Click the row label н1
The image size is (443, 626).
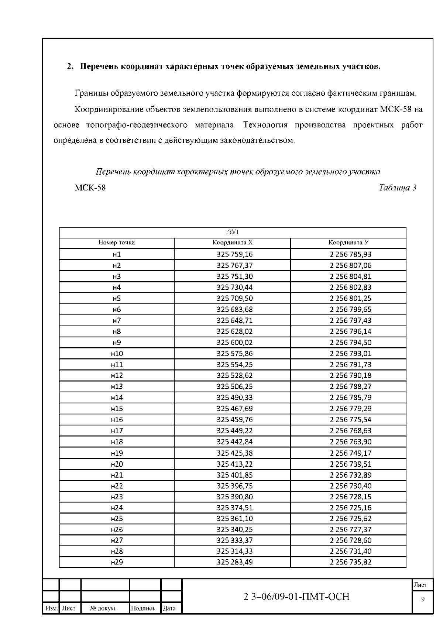pyautogui.click(x=116, y=254)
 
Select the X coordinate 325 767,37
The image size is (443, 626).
pyautogui.click(x=234, y=265)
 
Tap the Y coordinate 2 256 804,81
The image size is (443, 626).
pyautogui.click(x=350, y=276)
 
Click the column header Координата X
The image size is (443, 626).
pyautogui.click(x=232, y=243)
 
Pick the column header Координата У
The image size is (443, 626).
pyautogui.click(x=348, y=243)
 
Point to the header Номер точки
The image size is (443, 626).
pyautogui.click(x=116, y=243)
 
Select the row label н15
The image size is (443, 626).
pyautogui.click(x=117, y=409)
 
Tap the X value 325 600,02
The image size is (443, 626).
pyautogui.click(x=234, y=343)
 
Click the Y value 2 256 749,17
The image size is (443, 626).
pyautogui.click(x=350, y=453)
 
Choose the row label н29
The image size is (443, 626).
pyautogui.click(x=117, y=562)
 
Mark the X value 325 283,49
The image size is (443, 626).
pyautogui.click(x=234, y=562)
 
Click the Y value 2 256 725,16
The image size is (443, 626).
pyautogui.click(x=350, y=508)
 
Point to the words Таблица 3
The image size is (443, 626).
pyautogui.click(x=398, y=188)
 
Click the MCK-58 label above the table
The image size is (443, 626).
pyautogui.click(x=90, y=188)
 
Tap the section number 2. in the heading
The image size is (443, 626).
pyautogui.click(x=70, y=67)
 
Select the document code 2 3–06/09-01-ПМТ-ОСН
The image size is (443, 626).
pyautogui.click(x=296, y=597)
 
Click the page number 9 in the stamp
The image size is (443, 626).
pyautogui.click(x=422, y=599)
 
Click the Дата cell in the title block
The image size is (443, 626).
pyautogui.click(x=169, y=608)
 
